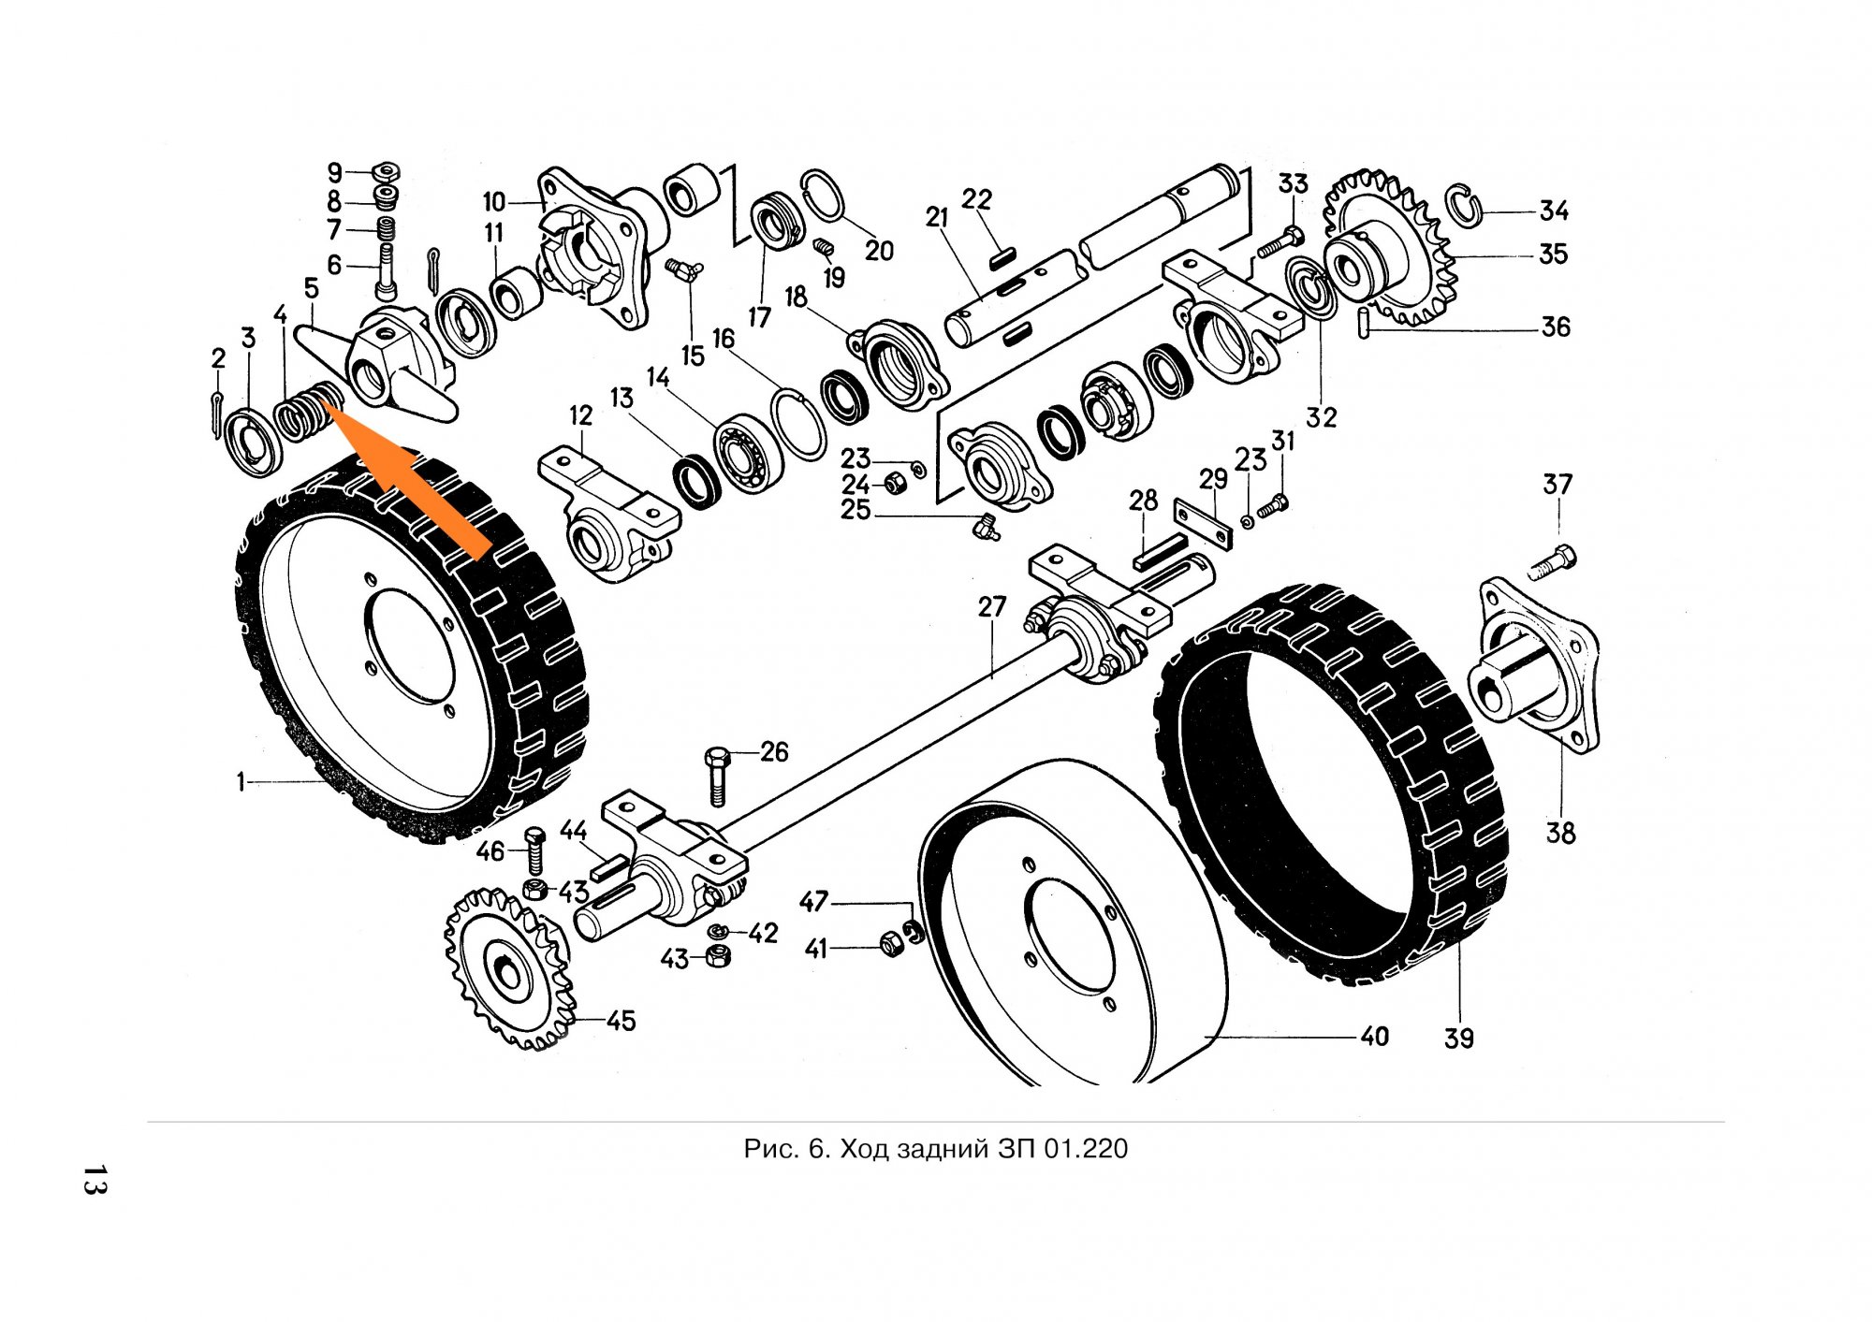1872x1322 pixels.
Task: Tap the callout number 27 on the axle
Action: click(991, 607)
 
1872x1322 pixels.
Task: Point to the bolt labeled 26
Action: click(717, 776)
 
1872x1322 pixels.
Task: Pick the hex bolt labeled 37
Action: click(1555, 560)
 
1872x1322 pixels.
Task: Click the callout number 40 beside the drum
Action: click(1374, 1037)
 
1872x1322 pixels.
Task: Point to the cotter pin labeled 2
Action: click(217, 413)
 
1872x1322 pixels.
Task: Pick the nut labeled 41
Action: click(889, 946)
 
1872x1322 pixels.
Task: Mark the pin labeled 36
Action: click(1366, 324)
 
